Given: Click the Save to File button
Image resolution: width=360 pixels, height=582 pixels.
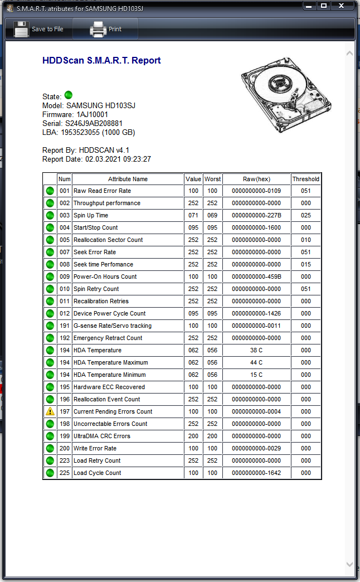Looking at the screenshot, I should [38, 29].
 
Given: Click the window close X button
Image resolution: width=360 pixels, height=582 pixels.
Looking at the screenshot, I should [342, 6].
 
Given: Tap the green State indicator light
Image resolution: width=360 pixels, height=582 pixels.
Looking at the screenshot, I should [69, 95].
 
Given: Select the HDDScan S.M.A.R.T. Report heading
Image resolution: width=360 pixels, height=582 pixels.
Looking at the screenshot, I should [101, 61].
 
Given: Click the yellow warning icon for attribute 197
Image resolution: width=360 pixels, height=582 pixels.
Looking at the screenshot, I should [50, 411].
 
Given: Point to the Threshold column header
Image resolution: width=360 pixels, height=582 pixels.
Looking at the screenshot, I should [306, 179].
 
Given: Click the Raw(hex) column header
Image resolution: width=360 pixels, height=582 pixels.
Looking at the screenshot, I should [256, 179].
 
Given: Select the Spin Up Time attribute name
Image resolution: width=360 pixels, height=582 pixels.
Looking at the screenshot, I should [91, 215].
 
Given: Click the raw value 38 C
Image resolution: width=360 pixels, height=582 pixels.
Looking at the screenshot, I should [256, 350].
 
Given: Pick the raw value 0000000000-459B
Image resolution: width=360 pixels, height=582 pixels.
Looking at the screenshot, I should [256, 277].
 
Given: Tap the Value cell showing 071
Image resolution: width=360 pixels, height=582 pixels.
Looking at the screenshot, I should [193, 215].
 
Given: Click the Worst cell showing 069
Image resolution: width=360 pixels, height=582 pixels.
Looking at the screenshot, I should [212, 215].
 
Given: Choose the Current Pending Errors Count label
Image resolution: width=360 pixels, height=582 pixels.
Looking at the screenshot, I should [113, 411].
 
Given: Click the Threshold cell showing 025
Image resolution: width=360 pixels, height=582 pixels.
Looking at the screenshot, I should [306, 215].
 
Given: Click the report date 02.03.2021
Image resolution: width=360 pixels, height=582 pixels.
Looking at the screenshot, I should [102, 159].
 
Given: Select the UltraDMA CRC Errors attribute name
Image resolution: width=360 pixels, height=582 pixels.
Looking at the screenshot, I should [102, 436].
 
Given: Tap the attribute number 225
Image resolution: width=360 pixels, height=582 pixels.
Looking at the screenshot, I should [65, 473].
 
